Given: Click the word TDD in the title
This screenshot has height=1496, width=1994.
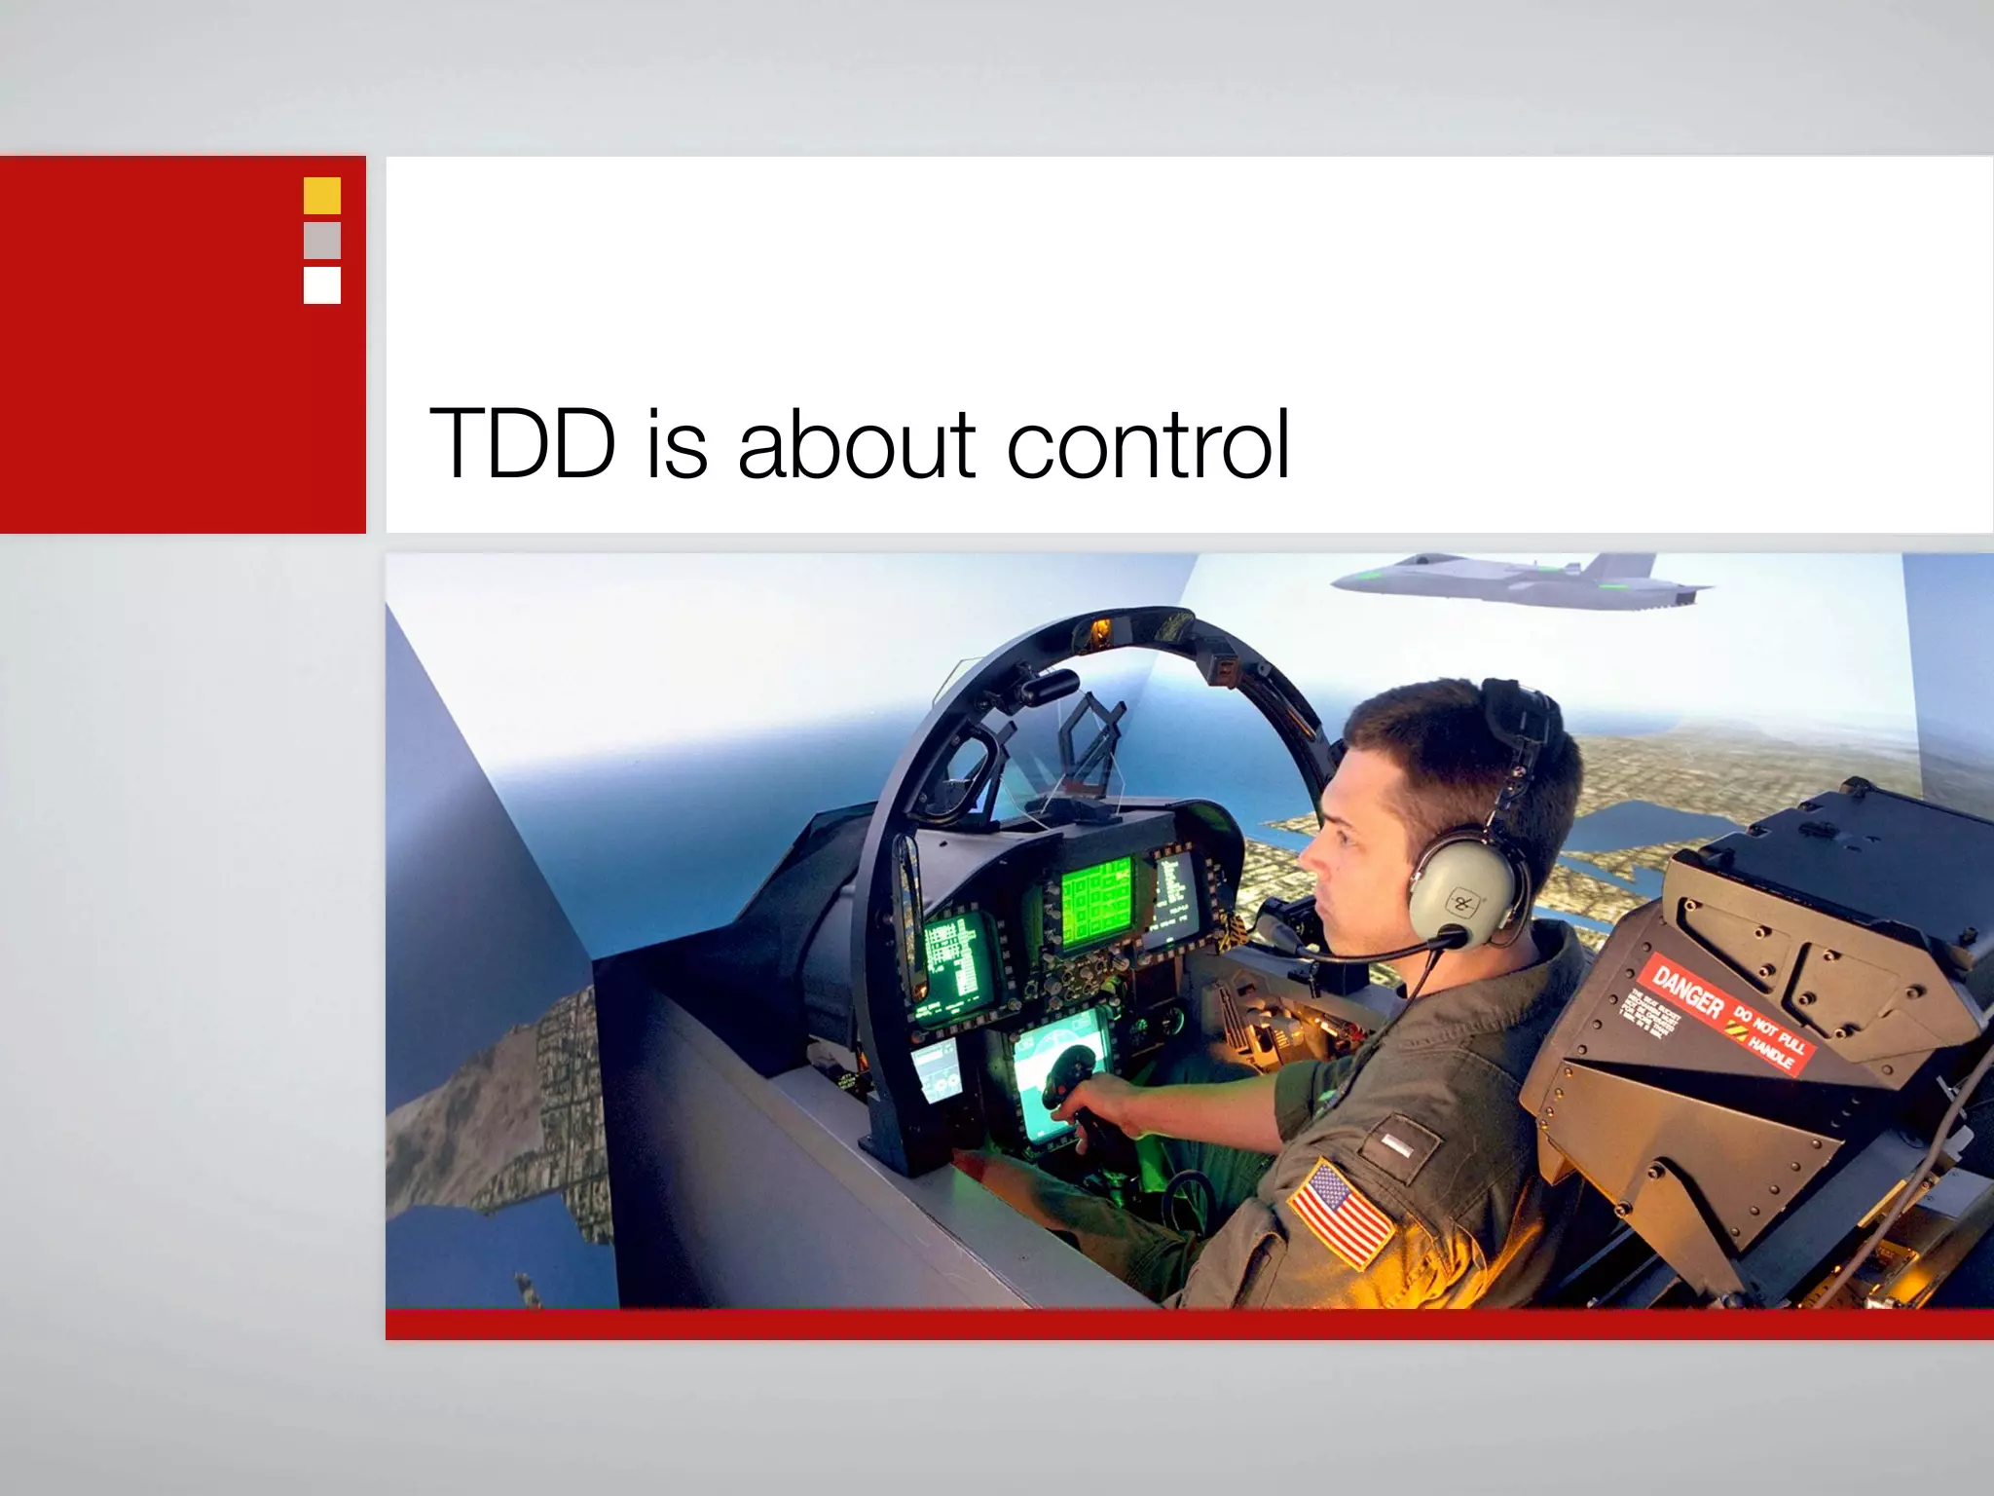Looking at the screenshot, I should point(523,444).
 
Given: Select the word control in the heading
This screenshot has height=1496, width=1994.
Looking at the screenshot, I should point(1148,444).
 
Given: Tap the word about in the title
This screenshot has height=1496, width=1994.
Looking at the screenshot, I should point(856,444).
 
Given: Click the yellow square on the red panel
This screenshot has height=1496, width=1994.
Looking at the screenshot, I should point(322,196).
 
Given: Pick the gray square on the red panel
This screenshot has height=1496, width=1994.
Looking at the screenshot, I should point(322,241).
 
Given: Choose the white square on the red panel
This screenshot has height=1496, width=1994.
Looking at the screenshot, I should point(322,285).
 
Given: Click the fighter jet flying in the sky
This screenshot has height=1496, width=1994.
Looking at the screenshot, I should point(1519,580).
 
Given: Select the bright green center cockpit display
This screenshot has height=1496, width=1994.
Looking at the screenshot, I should point(1096,903).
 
